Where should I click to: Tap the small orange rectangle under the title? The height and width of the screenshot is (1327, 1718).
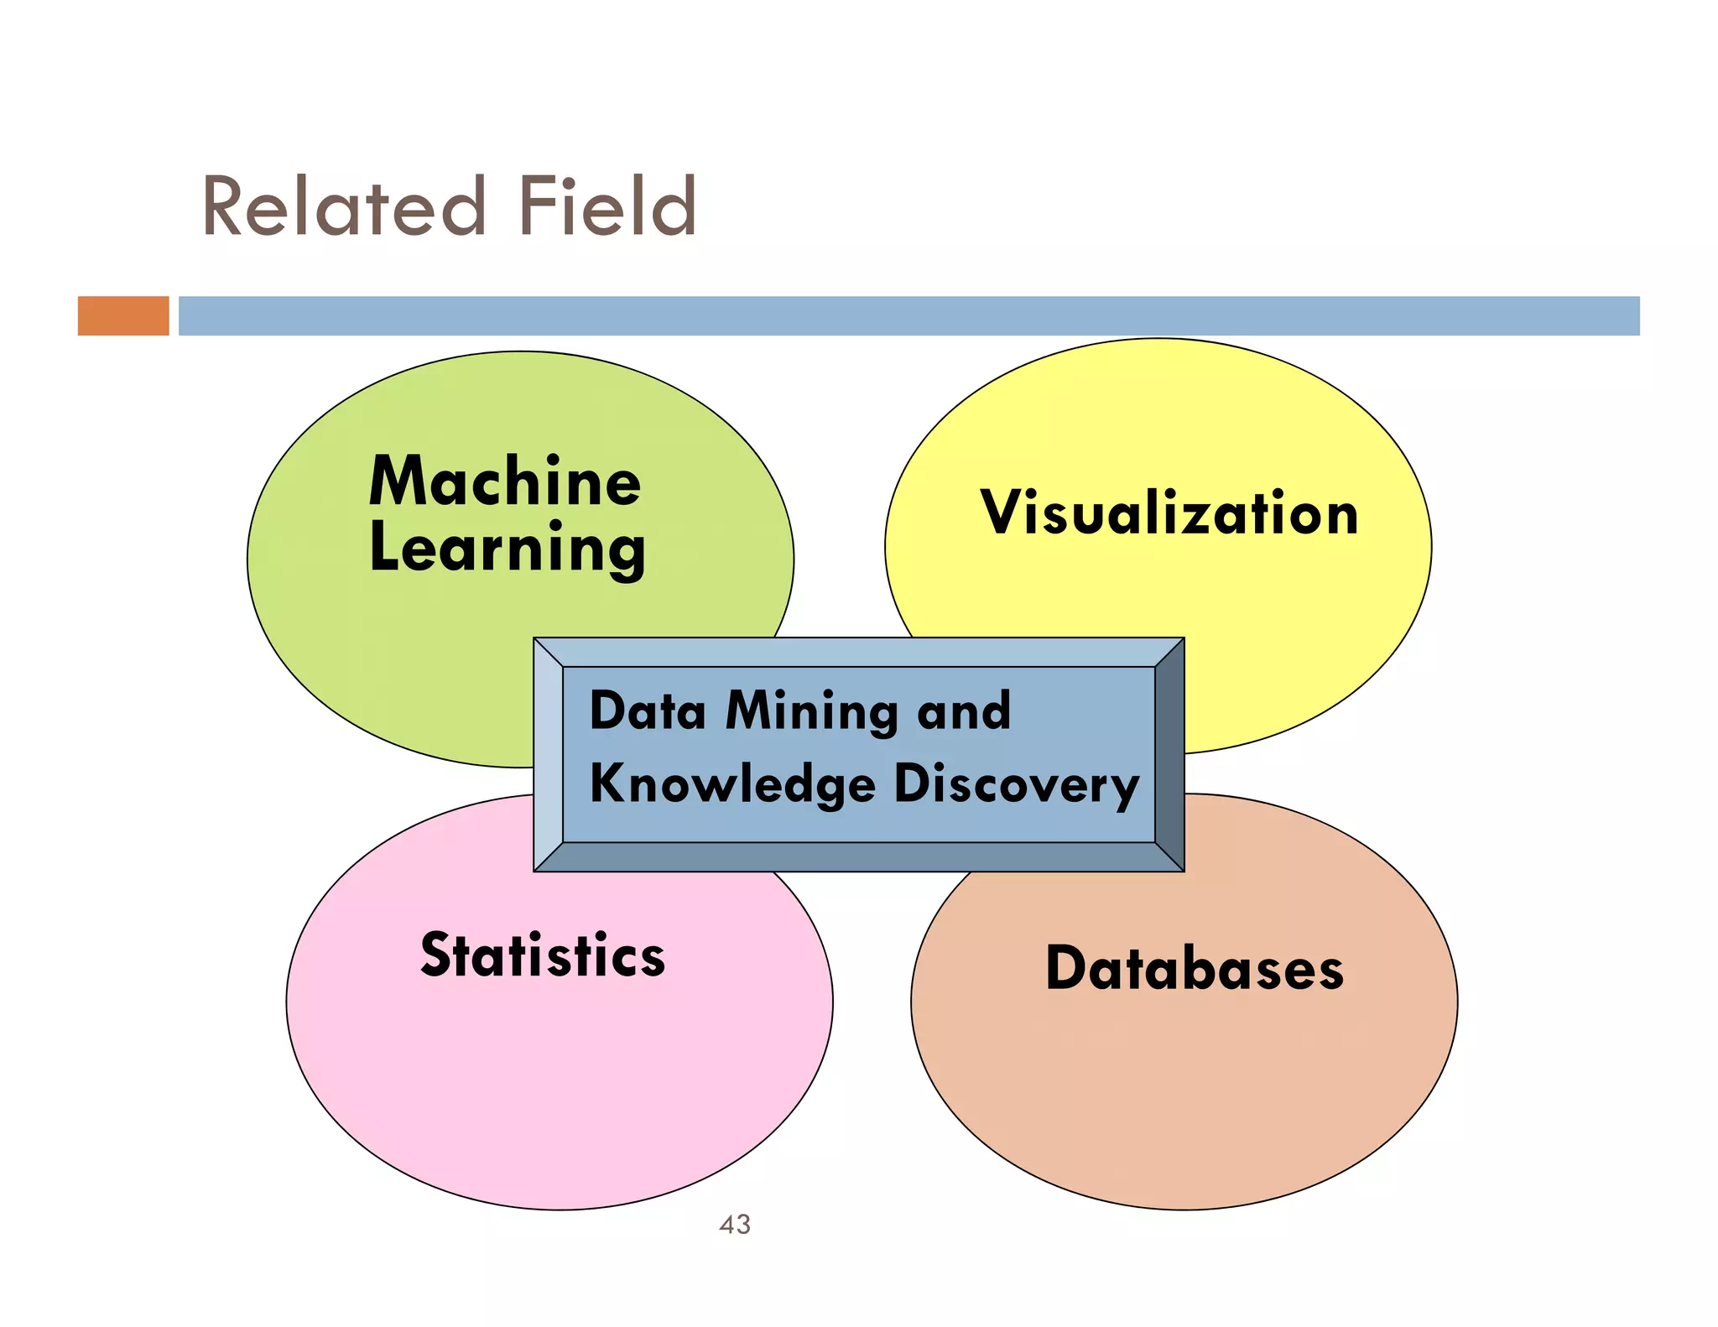[123, 315]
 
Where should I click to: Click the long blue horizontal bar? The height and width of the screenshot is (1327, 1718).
[908, 315]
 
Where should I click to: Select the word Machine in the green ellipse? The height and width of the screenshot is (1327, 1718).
[505, 481]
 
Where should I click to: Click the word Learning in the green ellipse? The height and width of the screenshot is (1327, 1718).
[507, 549]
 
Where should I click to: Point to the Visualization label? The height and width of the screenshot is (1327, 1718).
[1169, 513]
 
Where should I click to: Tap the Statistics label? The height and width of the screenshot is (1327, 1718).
[543, 955]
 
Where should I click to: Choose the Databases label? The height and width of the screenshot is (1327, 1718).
[1194, 969]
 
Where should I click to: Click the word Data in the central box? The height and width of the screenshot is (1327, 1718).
[648, 711]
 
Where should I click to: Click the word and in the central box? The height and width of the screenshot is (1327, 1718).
[964, 711]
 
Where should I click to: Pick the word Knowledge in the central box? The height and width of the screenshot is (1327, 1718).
[732, 784]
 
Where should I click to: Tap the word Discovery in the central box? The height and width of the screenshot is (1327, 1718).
[1016, 784]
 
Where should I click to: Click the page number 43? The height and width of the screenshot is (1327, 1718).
[735, 1225]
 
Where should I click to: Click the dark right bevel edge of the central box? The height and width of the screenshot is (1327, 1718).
[1169, 755]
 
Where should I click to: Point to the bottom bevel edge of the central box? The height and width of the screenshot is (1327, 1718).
[859, 857]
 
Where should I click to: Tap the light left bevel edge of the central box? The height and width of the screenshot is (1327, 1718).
[549, 755]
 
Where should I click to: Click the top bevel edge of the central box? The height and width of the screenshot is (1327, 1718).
[859, 652]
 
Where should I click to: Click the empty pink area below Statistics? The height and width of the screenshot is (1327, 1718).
[560, 1090]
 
